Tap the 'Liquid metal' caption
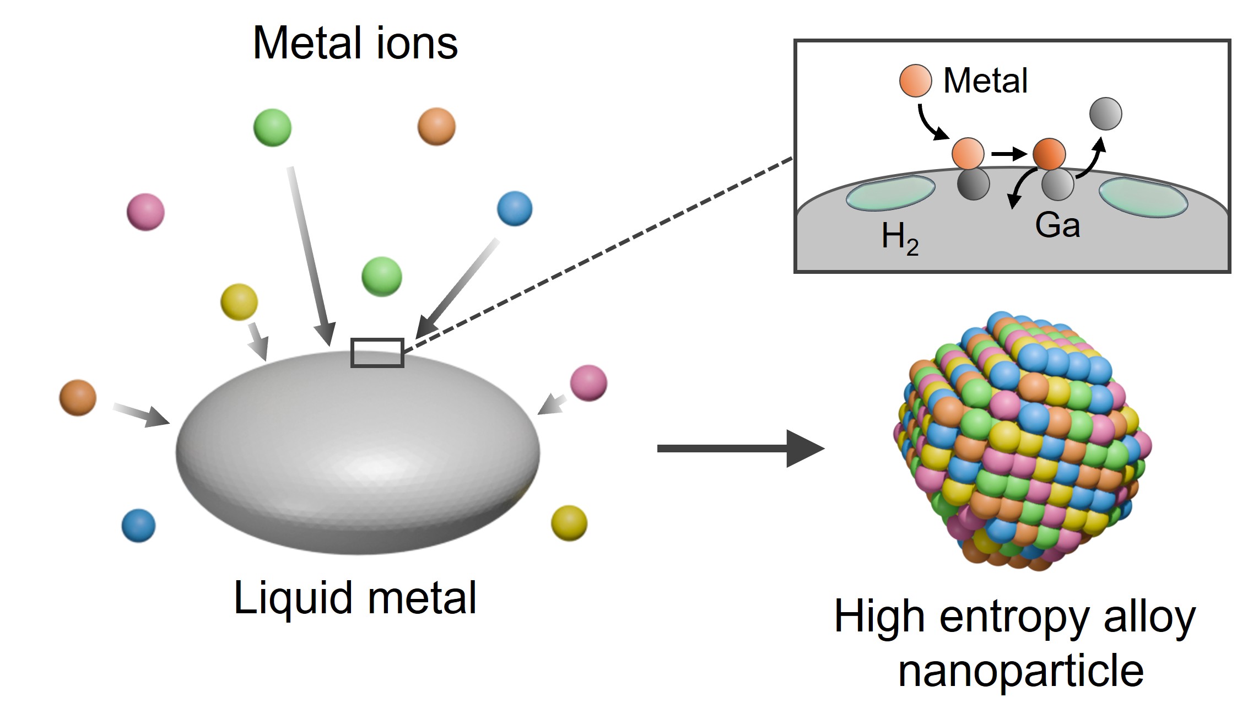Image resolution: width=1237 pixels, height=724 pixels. (355, 598)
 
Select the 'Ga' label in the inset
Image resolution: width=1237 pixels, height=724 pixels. (1057, 225)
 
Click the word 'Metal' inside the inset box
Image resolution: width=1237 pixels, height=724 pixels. (985, 80)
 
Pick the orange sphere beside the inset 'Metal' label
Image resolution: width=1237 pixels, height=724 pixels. (915, 80)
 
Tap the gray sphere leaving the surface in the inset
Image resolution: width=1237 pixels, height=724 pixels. (1105, 114)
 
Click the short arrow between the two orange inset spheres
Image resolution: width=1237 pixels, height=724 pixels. (1008, 154)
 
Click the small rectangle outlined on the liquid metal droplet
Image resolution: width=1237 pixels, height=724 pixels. (377, 353)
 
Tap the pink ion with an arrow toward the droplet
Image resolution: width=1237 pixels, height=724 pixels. (588, 383)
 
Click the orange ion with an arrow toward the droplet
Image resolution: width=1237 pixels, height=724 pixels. (78, 397)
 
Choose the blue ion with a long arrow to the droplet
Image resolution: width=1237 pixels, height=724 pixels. (515, 209)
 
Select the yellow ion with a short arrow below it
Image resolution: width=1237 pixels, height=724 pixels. (239, 302)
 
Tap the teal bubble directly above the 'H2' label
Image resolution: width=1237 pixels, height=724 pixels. (890, 193)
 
